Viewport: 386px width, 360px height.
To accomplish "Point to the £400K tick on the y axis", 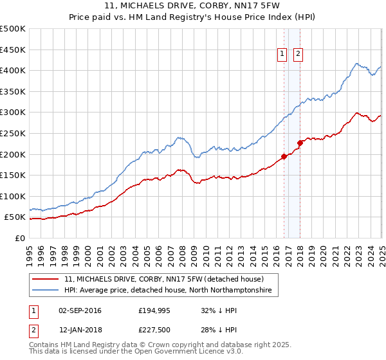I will click(13, 70).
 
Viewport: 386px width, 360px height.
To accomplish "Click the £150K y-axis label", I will click(13, 175).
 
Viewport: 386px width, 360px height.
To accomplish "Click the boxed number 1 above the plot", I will click(282, 55).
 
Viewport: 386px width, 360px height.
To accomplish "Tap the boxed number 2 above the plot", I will click(298, 55).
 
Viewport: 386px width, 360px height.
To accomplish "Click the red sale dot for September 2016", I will click(284, 156).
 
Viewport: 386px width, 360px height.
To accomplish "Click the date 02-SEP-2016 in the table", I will click(80, 310).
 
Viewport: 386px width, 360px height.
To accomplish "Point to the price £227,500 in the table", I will click(153, 330).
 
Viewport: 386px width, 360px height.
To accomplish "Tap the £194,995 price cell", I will click(153, 310).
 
